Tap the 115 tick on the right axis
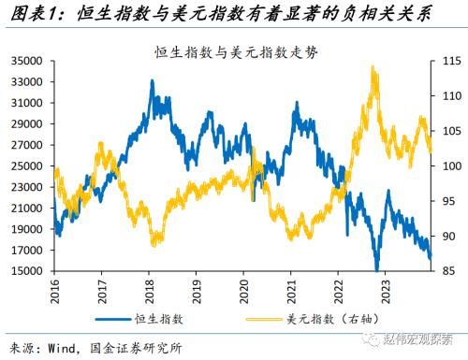pos(443,61)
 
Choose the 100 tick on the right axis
pos(443,166)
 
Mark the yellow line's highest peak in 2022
pos(373,67)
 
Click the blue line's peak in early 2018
pos(152,82)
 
